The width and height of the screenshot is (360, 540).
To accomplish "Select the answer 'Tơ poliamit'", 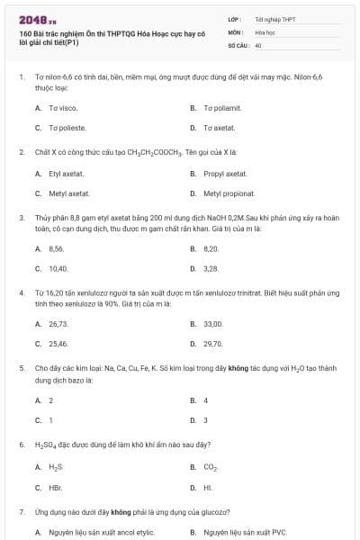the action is point(222,108).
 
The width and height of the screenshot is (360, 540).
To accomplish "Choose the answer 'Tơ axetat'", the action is point(219,128).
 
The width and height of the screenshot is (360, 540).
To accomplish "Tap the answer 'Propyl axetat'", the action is point(225,173).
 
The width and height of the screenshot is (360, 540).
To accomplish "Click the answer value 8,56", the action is point(57,248).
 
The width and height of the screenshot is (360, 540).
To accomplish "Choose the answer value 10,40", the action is point(58,268).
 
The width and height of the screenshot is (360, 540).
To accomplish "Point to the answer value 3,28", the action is point(211,268).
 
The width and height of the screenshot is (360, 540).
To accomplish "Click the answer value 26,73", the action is point(58,323).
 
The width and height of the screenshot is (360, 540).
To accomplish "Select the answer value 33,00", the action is point(213,323).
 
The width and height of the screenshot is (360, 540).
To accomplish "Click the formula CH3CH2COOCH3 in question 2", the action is point(156,153).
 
